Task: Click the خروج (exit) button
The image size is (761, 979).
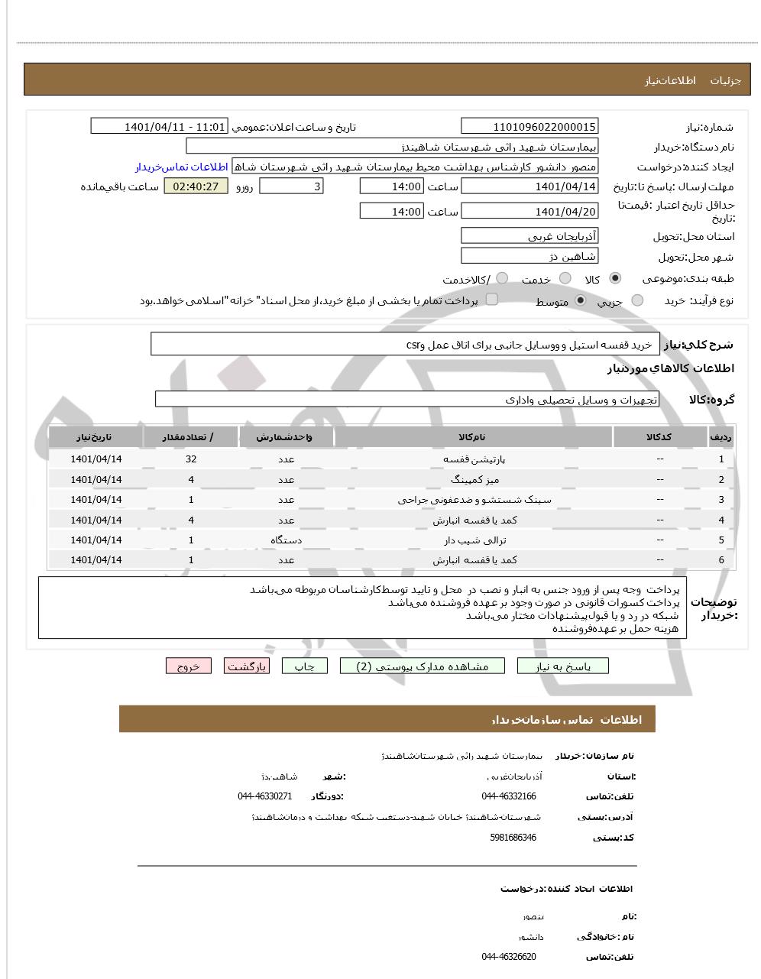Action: (x=188, y=666)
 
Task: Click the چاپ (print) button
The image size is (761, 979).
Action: (x=305, y=666)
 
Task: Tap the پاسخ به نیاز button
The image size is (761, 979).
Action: (x=563, y=666)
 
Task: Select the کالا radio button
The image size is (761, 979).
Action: (x=615, y=279)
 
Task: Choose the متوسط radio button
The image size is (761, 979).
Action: (x=581, y=300)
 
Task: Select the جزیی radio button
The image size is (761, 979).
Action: (x=637, y=301)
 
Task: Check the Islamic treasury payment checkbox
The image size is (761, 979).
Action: (x=492, y=300)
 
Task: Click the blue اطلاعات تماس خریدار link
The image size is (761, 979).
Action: (x=182, y=167)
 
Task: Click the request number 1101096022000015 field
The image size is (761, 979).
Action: (x=529, y=127)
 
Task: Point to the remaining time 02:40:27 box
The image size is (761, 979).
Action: (x=196, y=186)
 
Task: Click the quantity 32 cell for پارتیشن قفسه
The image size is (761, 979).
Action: (x=191, y=459)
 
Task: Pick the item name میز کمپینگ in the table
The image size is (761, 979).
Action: (x=474, y=480)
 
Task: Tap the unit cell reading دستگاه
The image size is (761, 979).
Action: (x=286, y=540)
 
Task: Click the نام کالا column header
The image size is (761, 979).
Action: (x=474, y=437)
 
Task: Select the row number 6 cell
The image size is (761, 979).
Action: (x=721, y=560)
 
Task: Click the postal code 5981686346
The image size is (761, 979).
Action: (x=513, y=838)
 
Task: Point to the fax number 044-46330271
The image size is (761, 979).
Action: (x=264, y=796)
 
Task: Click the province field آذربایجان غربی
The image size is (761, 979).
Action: (x=529, y=236)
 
